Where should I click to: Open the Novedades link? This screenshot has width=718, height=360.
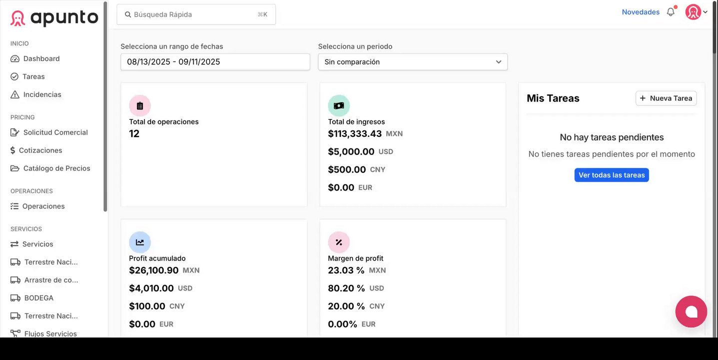tap(641, 12)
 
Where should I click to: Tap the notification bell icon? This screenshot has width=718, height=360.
tap(671, 12)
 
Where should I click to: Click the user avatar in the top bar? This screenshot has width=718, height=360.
tap(693, 12)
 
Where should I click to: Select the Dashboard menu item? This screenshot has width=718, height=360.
tap(41, 58)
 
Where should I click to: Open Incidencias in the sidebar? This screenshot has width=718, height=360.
tap(42, 94)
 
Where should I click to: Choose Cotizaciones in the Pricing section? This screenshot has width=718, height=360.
tap(40, 150)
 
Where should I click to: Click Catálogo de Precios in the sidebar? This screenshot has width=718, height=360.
tap(56, 168)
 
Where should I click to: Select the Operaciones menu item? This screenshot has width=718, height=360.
tap(43, 206)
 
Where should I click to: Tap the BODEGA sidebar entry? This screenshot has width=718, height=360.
tap(38, 298)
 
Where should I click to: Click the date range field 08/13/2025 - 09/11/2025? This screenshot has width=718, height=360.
tap(215, 62)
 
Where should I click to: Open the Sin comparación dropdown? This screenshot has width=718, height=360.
tap(413, 62)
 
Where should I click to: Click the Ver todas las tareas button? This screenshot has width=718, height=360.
tap(612, 175)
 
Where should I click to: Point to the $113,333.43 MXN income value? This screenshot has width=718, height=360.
tap(355, 134)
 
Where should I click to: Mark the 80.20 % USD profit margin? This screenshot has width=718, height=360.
tap(346, 288)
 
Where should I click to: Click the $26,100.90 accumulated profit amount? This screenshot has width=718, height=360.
tap(154, 270)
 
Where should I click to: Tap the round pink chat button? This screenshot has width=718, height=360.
tap(691, 311)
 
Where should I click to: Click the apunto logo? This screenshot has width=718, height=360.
tap(54, 18)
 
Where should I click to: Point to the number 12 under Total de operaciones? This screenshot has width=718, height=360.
tap(134, 133)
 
